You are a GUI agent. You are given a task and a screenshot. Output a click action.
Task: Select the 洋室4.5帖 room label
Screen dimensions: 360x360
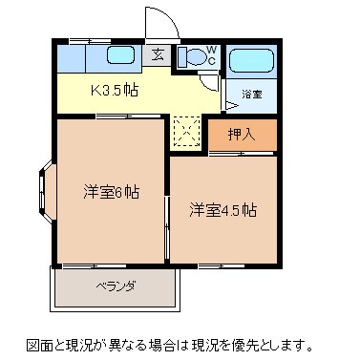[x=221, y=209]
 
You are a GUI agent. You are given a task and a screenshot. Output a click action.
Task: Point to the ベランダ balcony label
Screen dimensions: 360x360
[x=114, y=286]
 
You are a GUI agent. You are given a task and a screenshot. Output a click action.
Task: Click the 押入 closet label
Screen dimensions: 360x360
[x=242, y=135]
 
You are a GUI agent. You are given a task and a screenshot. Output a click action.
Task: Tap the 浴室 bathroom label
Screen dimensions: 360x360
[x=251, y=95]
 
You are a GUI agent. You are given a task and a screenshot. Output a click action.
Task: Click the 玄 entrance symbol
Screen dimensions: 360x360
[x=156, y=55]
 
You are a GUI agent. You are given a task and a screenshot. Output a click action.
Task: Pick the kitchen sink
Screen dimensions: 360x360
[x=120, y=56]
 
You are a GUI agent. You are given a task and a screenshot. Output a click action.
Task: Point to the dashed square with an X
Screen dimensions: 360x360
[x=187, y=133]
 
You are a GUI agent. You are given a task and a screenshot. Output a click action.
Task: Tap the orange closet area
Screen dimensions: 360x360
[x=242, y=135]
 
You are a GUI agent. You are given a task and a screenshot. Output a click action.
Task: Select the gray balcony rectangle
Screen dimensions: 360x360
[x=114, y=286]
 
